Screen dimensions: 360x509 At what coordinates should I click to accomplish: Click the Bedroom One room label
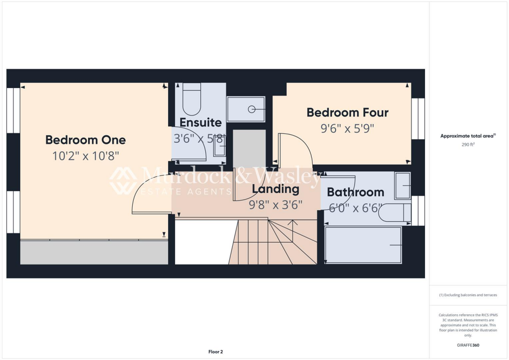[85, 140]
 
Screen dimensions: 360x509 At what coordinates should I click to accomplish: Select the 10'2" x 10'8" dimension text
[85, 156]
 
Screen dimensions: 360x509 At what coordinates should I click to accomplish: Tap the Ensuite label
[200, 122]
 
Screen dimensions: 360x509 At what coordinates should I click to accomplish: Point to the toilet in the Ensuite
[191, 99]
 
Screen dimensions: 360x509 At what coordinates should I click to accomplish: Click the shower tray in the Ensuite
[246, 109]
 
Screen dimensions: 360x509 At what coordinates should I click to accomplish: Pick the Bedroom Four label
[347, 112]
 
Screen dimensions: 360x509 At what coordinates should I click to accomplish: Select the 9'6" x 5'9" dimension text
[347, 128]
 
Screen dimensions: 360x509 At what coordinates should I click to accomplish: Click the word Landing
[275, 189]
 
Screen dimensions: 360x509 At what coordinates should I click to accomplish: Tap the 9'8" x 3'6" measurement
[275, 204]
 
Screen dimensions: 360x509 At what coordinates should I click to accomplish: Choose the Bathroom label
[355, 192]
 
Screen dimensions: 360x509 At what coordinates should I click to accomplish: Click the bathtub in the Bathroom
[363, 245]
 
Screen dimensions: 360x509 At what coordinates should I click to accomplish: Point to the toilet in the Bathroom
[395, 213]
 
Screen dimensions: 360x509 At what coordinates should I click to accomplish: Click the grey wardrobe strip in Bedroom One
[94, 253]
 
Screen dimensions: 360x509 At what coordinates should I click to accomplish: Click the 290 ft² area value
[469, 145]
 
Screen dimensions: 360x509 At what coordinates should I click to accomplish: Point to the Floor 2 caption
[215, 352]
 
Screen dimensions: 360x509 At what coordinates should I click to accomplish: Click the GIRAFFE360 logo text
[469, 345]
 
